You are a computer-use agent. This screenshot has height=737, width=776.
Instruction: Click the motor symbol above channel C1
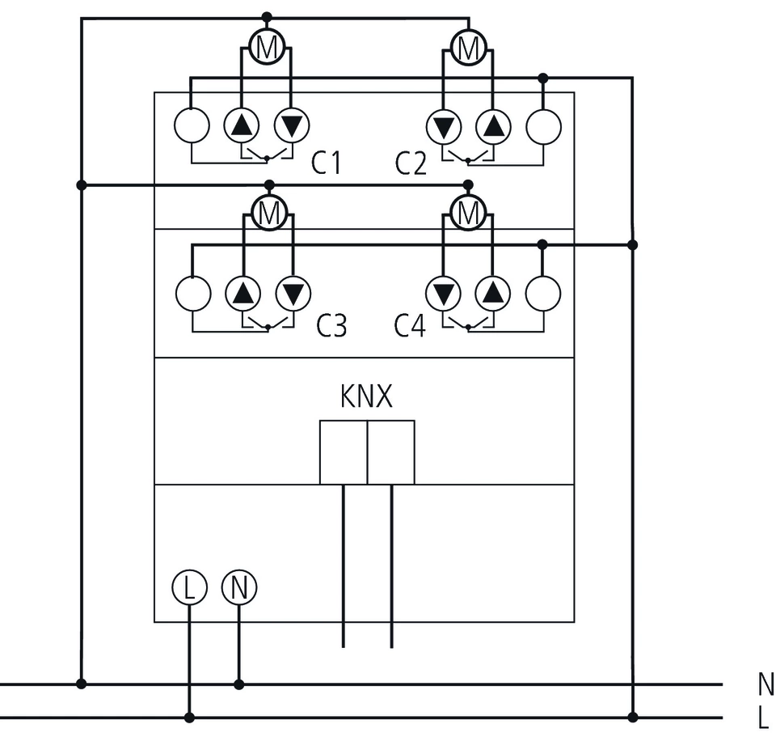[267, 47]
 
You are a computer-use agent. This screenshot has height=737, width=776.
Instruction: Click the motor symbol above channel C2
[468, 47]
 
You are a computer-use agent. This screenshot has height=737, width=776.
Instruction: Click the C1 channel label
[327, 164]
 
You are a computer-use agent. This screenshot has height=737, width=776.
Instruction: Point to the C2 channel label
[411, 164]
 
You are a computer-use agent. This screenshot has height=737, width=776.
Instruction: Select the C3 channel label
[331, 327]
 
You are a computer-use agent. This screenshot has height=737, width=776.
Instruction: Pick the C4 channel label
[410, 327]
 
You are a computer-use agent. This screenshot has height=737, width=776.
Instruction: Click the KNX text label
[366, 398]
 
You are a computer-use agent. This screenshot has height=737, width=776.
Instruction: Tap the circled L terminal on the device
[189, 587]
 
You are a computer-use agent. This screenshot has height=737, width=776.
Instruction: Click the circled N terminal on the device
[238, 587]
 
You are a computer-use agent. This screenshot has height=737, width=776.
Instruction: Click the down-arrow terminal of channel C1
[293, 125]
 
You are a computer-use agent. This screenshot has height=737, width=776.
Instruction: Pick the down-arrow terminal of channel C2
[443, 126]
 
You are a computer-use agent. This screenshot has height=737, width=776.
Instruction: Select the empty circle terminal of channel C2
[543, 126]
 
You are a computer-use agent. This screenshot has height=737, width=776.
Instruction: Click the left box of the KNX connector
[344, 452]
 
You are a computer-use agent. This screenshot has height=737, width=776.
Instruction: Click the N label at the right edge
[765, 684]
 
